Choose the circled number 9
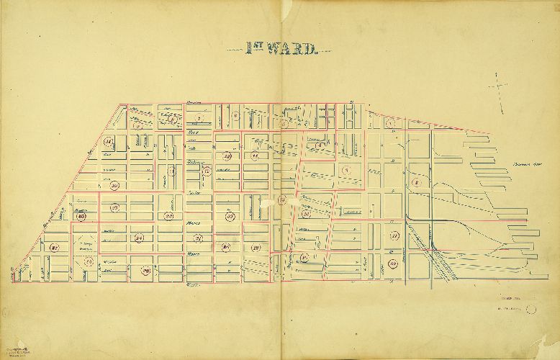(346, 170)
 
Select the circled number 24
(140, 238)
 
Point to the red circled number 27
(55, 249)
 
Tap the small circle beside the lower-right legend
(531, 309)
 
